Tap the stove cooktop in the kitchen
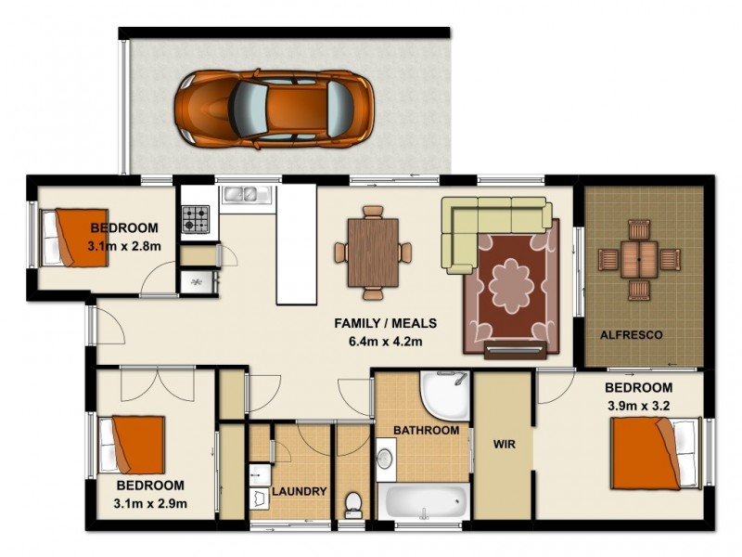pos(194,219)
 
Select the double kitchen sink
pos(245,195)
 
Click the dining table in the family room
pos(373,252)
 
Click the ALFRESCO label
pos(631,335)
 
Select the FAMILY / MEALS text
pos(385,324)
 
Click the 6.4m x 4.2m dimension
pos(385,341)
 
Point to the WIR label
pos(503,443)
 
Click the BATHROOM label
pos(426,431)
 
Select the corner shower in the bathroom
pos(443,394)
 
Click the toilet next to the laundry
pos(352,506)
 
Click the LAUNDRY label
pos(299,491)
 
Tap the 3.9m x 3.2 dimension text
pos(638,405)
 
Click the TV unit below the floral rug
pos(515,349)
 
